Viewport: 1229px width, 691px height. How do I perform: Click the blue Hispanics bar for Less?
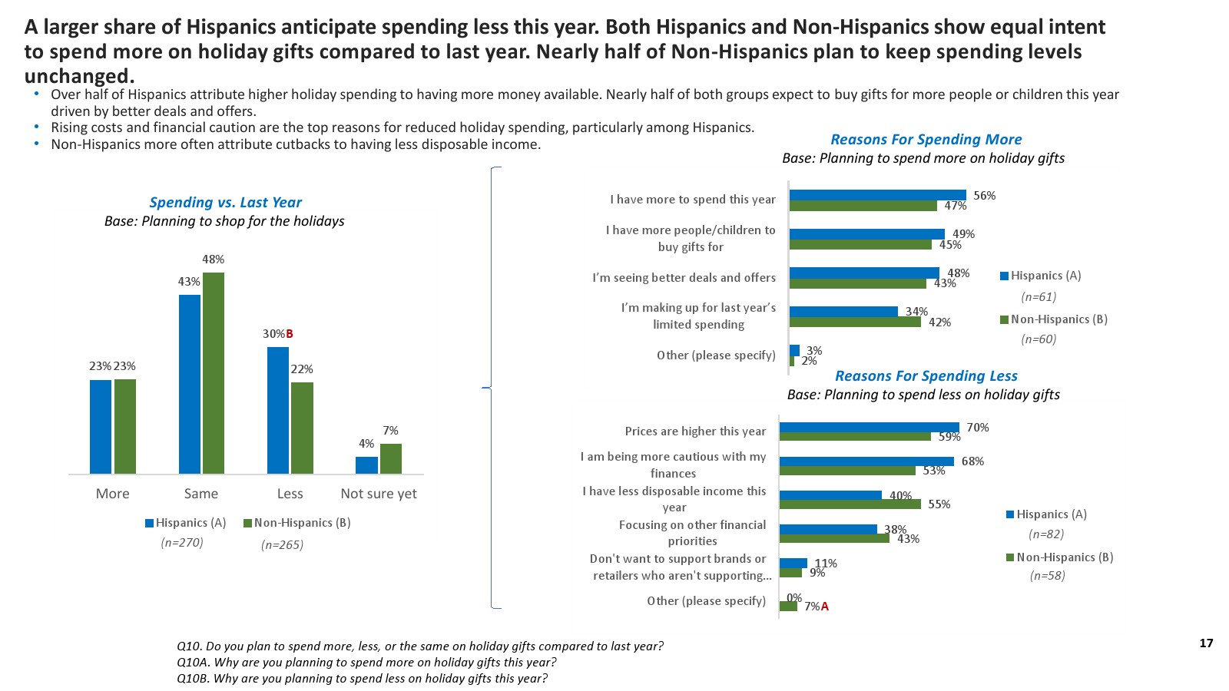278,410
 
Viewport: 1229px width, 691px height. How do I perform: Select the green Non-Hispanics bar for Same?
214,373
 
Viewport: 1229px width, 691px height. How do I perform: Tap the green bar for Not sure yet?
391,458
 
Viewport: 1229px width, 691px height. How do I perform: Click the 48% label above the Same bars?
214,260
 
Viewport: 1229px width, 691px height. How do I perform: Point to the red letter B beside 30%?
290,334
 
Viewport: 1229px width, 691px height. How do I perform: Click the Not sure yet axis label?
379,494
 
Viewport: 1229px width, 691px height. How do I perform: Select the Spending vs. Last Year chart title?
225,203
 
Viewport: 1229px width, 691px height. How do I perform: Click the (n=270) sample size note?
182,543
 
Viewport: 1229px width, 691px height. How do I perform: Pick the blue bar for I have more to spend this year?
877,195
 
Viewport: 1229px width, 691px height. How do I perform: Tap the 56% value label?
984,196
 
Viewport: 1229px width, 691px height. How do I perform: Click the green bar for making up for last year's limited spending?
855,322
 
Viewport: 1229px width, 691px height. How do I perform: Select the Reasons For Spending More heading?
926,140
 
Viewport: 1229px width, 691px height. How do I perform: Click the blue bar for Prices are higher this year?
869,427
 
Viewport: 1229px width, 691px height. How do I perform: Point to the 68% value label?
972,461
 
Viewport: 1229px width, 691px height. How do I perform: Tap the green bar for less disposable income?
850,504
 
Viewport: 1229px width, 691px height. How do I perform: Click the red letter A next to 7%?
825,607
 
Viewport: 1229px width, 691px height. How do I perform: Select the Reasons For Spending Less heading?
926,376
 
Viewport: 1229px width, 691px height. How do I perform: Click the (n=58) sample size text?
1047,576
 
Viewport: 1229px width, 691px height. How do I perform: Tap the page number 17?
1206,643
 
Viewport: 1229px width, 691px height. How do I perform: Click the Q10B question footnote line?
362,679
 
